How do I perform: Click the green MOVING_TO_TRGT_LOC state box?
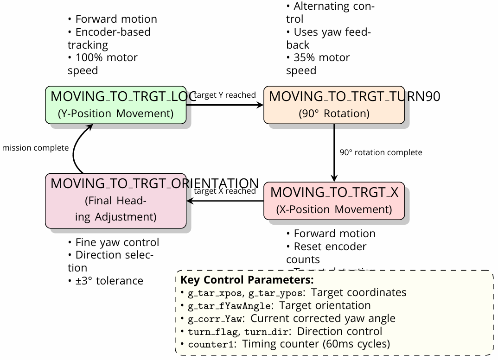116,105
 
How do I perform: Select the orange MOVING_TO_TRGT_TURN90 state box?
334,105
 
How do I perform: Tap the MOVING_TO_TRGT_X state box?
334,201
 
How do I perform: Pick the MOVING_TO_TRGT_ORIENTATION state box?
116,201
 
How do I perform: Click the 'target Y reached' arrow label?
225,95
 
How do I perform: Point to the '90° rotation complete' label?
381,152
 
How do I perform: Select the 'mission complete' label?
35,148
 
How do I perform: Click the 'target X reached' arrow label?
225,191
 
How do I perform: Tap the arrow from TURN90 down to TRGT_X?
334,153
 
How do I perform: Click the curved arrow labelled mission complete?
77,148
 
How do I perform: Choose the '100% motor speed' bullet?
102,64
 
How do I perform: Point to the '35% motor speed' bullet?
318,64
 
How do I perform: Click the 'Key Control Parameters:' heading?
247,280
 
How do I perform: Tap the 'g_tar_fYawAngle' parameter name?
229,306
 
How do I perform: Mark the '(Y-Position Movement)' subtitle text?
116,114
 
